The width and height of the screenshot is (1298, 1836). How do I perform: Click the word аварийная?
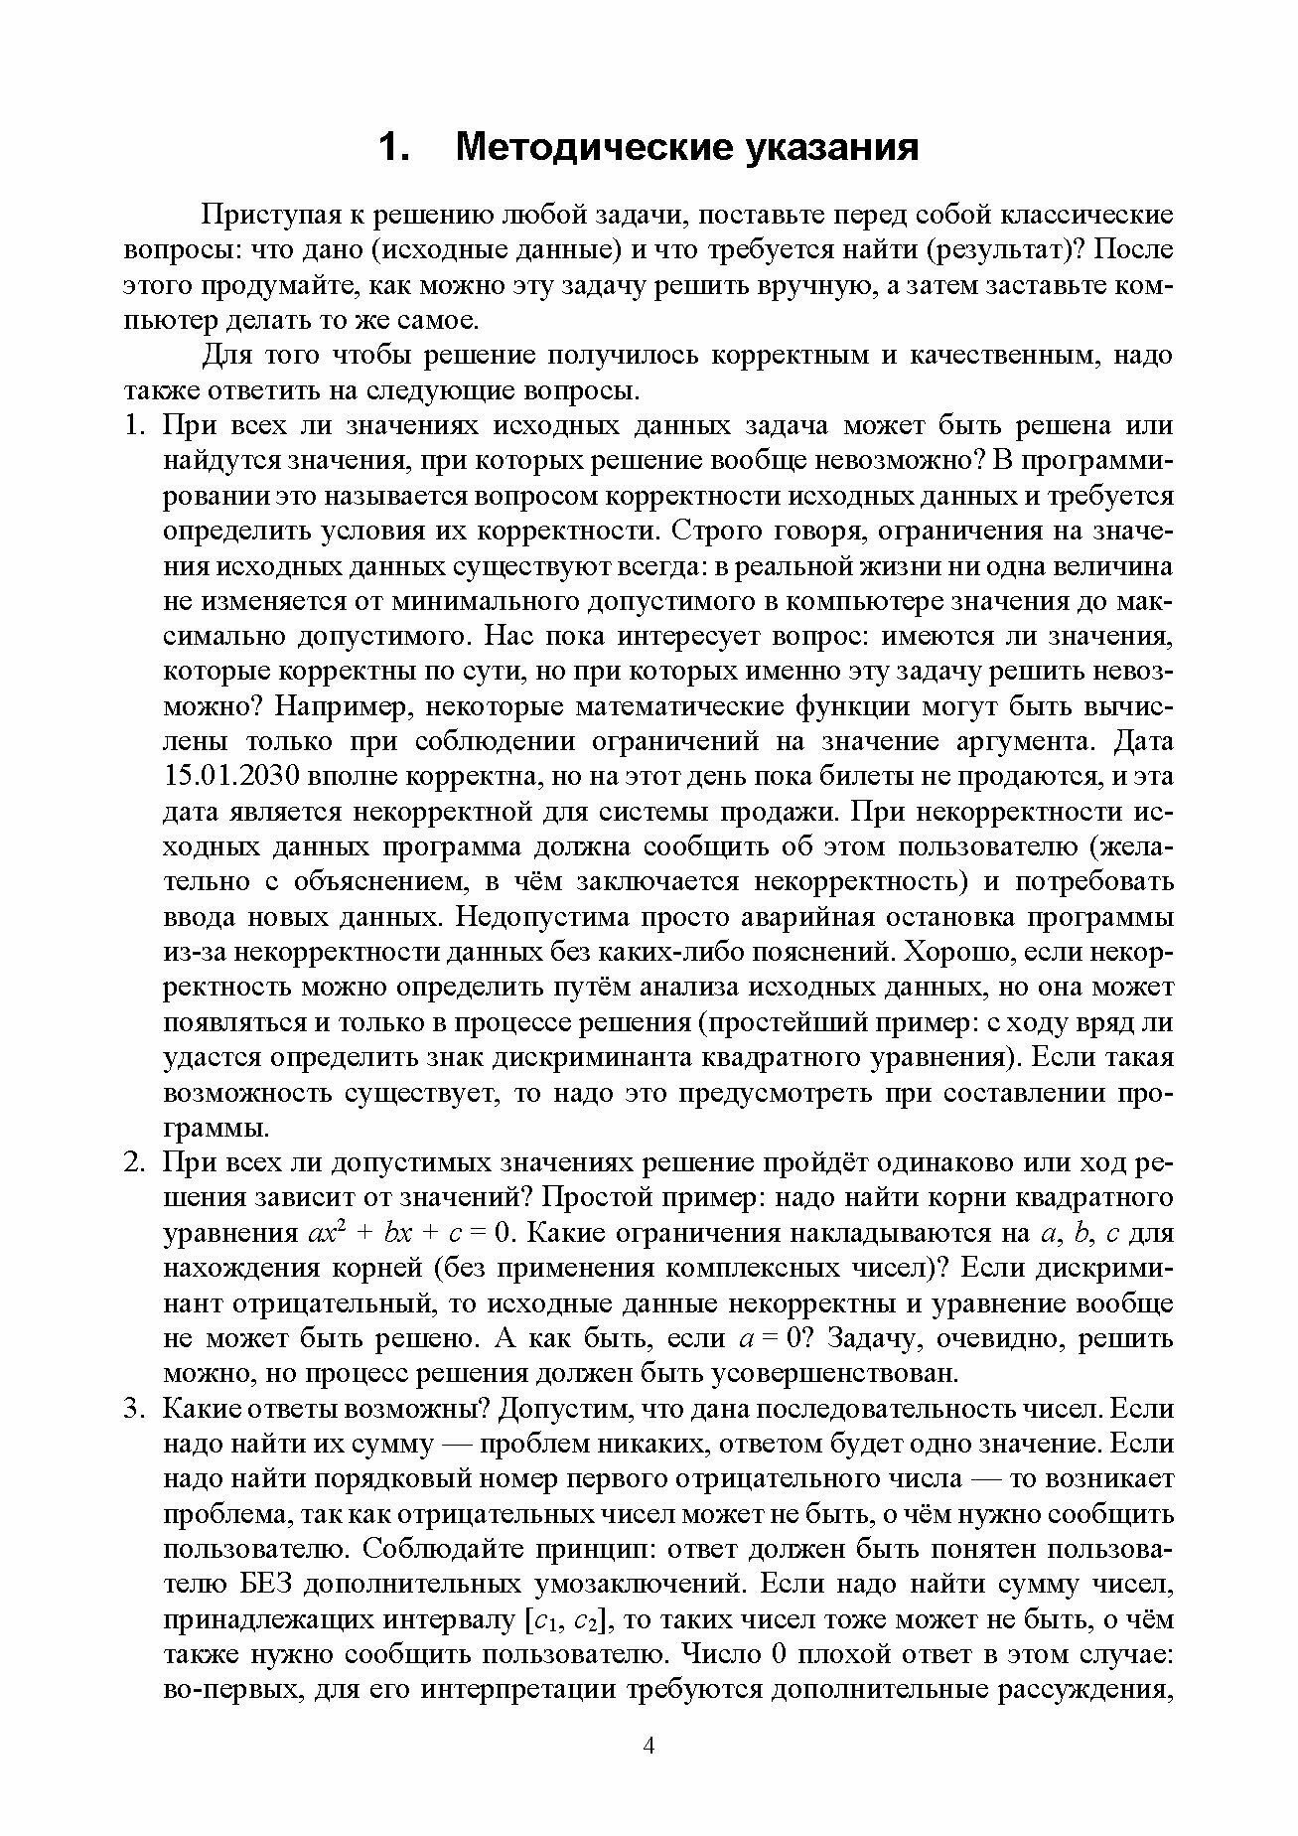pos(793,917)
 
